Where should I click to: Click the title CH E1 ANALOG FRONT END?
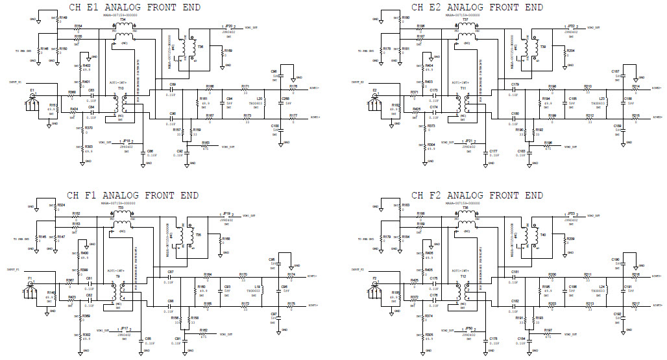(134, 7)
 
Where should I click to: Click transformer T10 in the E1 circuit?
(120, 102)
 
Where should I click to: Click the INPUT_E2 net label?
(359, 83)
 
